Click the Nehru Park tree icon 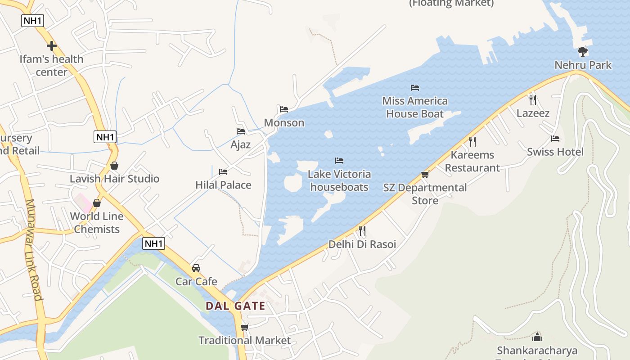click(x=583, y=51)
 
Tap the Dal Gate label click(x=235, y=306)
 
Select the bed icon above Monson click(x=284, y=109)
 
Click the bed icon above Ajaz click(x=241, y=131)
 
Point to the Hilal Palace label click(x=223, y=185)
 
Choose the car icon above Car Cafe click(x=196, y=268)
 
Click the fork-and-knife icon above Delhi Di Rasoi click(x=362, y=231)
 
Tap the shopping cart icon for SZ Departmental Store click(x=425, y=174)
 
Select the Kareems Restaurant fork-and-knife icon click(x=472, y=142)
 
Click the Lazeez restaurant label click(x=533, y=113)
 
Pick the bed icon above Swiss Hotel click(x=555, y=139)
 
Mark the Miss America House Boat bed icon click(x=415, y=87)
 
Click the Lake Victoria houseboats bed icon click(x=339, y=161)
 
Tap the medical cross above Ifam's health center click(x=52, y=46)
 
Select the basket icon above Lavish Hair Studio click(x=114, y=166)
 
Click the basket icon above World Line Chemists click(x=97, y=203)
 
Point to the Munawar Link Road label click(x=34, y=250)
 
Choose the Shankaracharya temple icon click(x=537, y=337)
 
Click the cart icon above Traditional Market click(x=244, y=327)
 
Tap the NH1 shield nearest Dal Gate click(x=154, y=244)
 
